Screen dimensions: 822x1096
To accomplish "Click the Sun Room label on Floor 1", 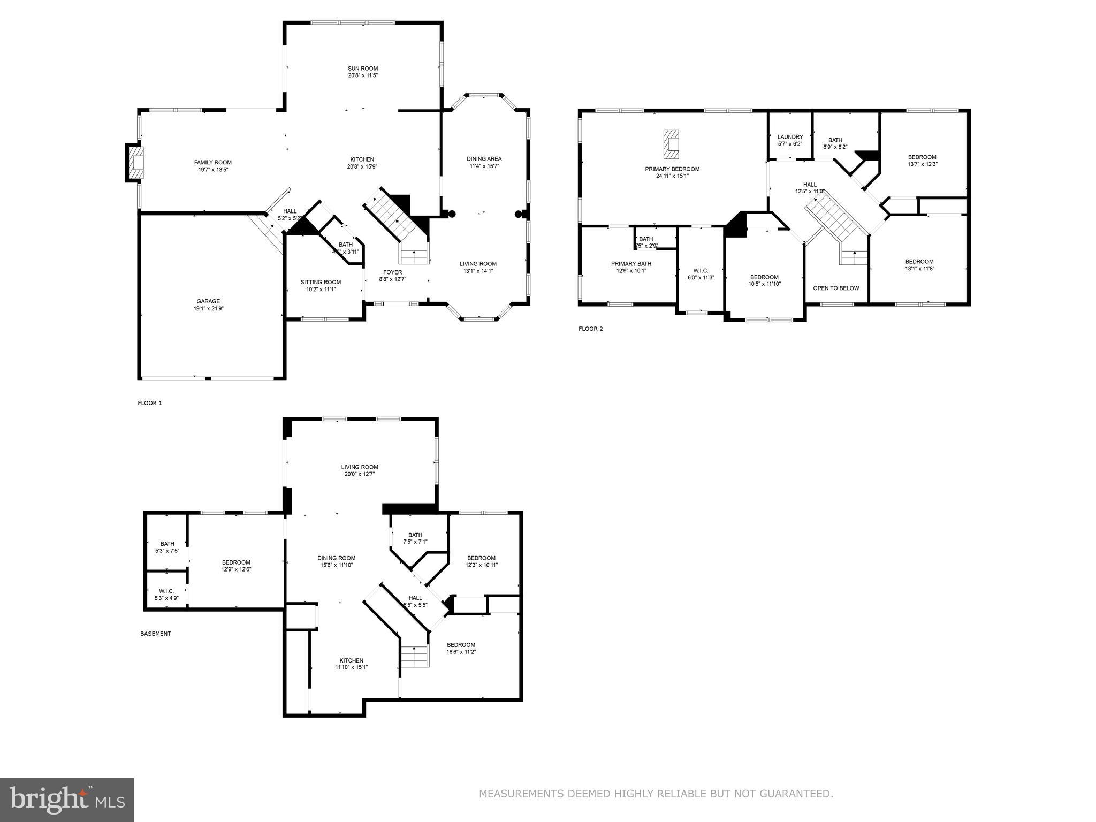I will pos(363,68).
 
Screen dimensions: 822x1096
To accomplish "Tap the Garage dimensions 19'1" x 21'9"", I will pos(208,309).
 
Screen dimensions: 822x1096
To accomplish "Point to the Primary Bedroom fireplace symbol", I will pos(671,144).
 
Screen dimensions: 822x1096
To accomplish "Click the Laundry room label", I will pos(790,137).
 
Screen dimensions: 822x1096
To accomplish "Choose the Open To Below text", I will pos(836,288).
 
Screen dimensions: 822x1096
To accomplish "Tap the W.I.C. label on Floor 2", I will pos(701,271).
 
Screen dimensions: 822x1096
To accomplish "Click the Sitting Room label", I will pos(321,283).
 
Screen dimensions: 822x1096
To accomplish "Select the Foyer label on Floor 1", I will pos(392,272).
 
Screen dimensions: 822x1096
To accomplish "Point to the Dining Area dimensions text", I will pos(484,166).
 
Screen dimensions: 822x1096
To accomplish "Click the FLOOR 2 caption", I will pos(590,329).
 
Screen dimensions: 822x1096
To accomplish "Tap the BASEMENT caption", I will pos(156,634).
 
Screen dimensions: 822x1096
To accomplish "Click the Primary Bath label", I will pos(631,264).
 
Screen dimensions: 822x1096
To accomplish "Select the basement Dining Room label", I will pos(338,558).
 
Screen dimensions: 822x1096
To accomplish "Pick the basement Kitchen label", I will pos(351,660).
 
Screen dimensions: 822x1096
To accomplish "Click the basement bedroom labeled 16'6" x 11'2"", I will pos(461,648).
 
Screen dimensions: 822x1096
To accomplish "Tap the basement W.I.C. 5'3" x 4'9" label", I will pos(166,595).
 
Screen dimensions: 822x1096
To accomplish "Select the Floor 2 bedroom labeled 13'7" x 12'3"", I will pos(922,161).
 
